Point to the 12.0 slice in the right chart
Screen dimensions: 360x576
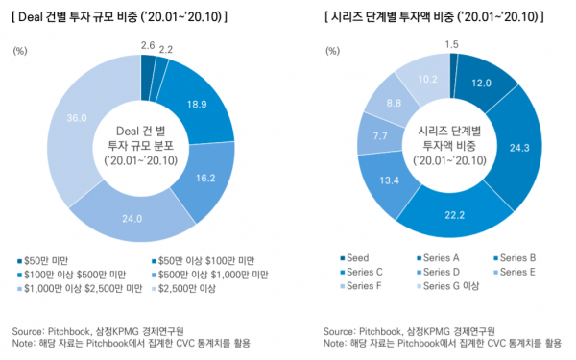click(x=481, y=83)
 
